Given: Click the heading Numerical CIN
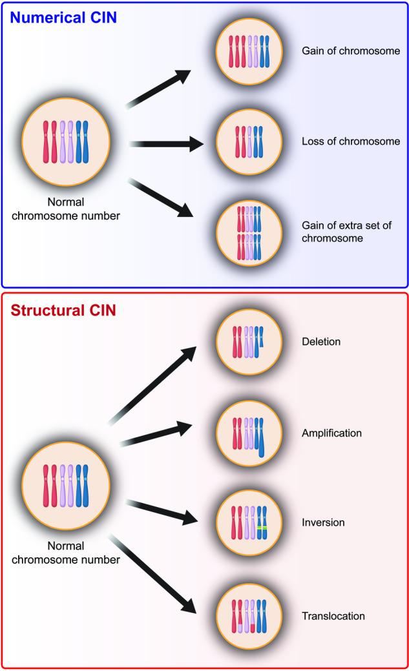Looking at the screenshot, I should coord(63,17).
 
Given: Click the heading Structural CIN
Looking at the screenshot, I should coord(63,311).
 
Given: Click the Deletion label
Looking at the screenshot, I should coord(320,341).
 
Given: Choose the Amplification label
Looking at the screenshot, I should coord(331,433).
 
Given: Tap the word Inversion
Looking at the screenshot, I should coord(323,522).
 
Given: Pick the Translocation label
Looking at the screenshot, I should coord(333,616).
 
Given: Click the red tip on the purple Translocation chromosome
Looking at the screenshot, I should coord(253,626).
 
